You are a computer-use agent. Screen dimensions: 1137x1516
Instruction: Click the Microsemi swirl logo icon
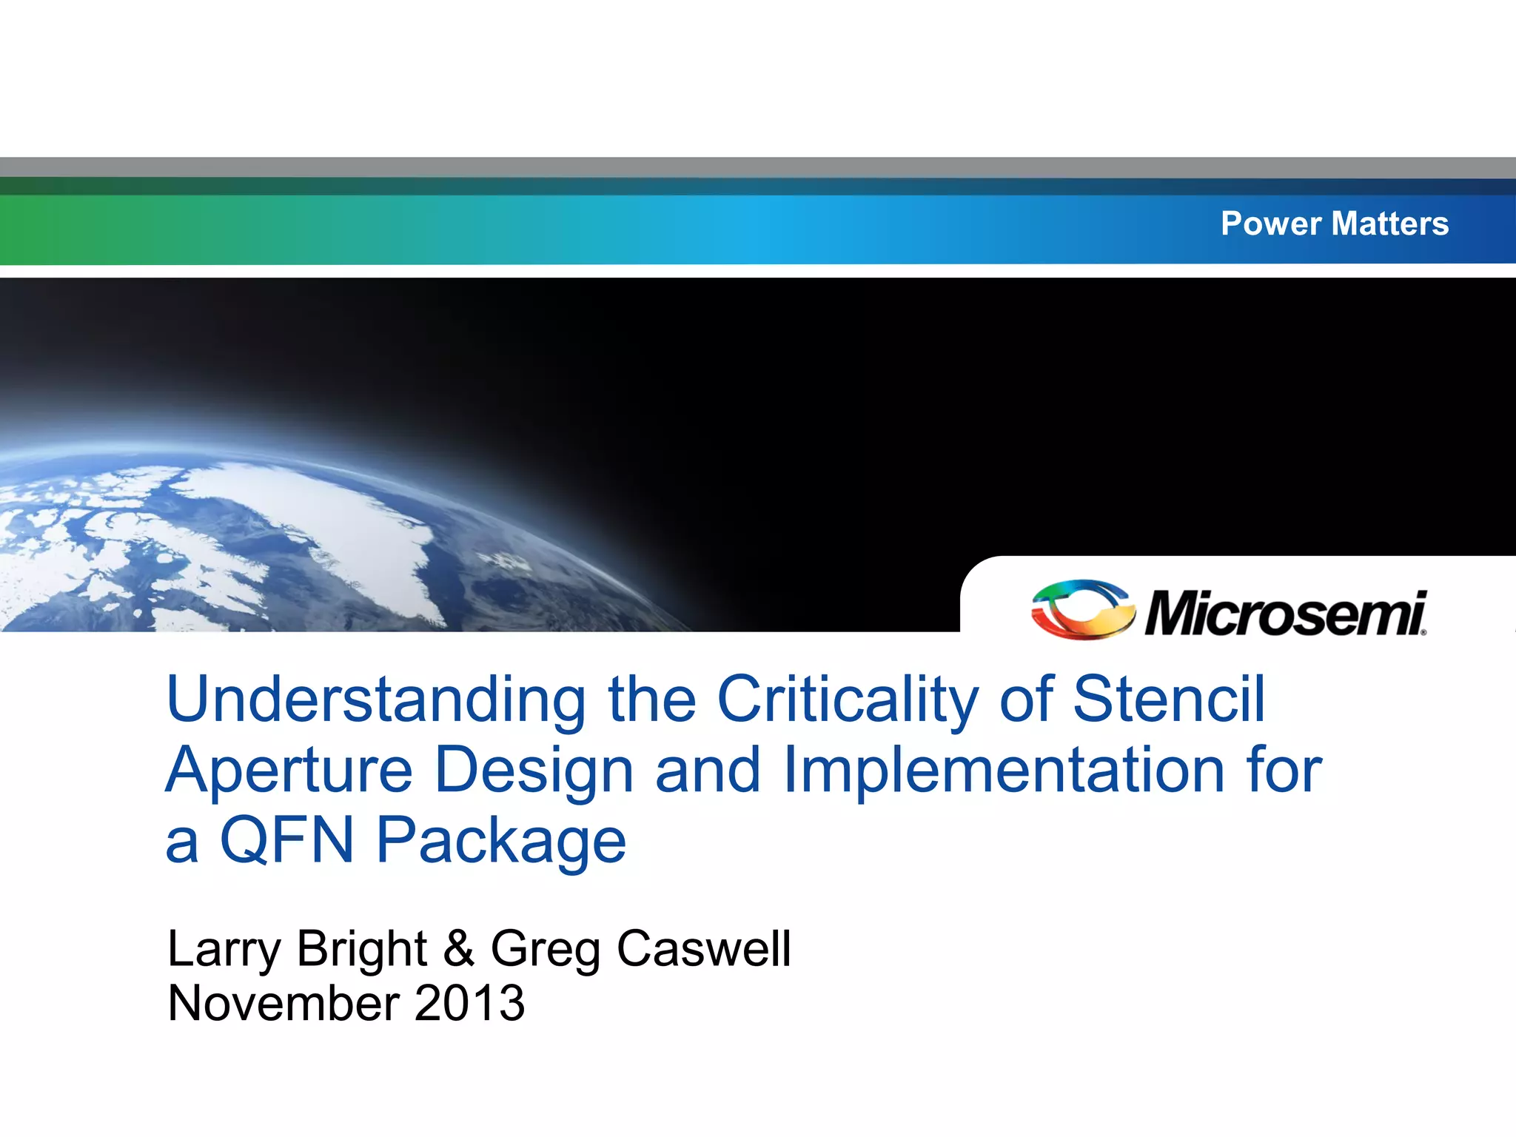(x=1083, y=609)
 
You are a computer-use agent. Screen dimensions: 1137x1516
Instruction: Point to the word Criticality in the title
(x=848, y=700)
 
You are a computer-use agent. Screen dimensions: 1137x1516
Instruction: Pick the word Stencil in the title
(x=1169, y=700)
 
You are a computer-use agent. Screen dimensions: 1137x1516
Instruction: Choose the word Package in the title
(x=501, y=841)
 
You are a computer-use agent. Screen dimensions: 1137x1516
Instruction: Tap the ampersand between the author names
(x=459, y=949)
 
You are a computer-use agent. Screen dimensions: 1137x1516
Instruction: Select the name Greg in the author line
(x=546, y=950)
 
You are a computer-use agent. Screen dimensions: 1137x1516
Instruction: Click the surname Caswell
(x=704, y=949)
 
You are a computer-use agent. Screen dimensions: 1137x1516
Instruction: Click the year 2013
(x=469, y=1004)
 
